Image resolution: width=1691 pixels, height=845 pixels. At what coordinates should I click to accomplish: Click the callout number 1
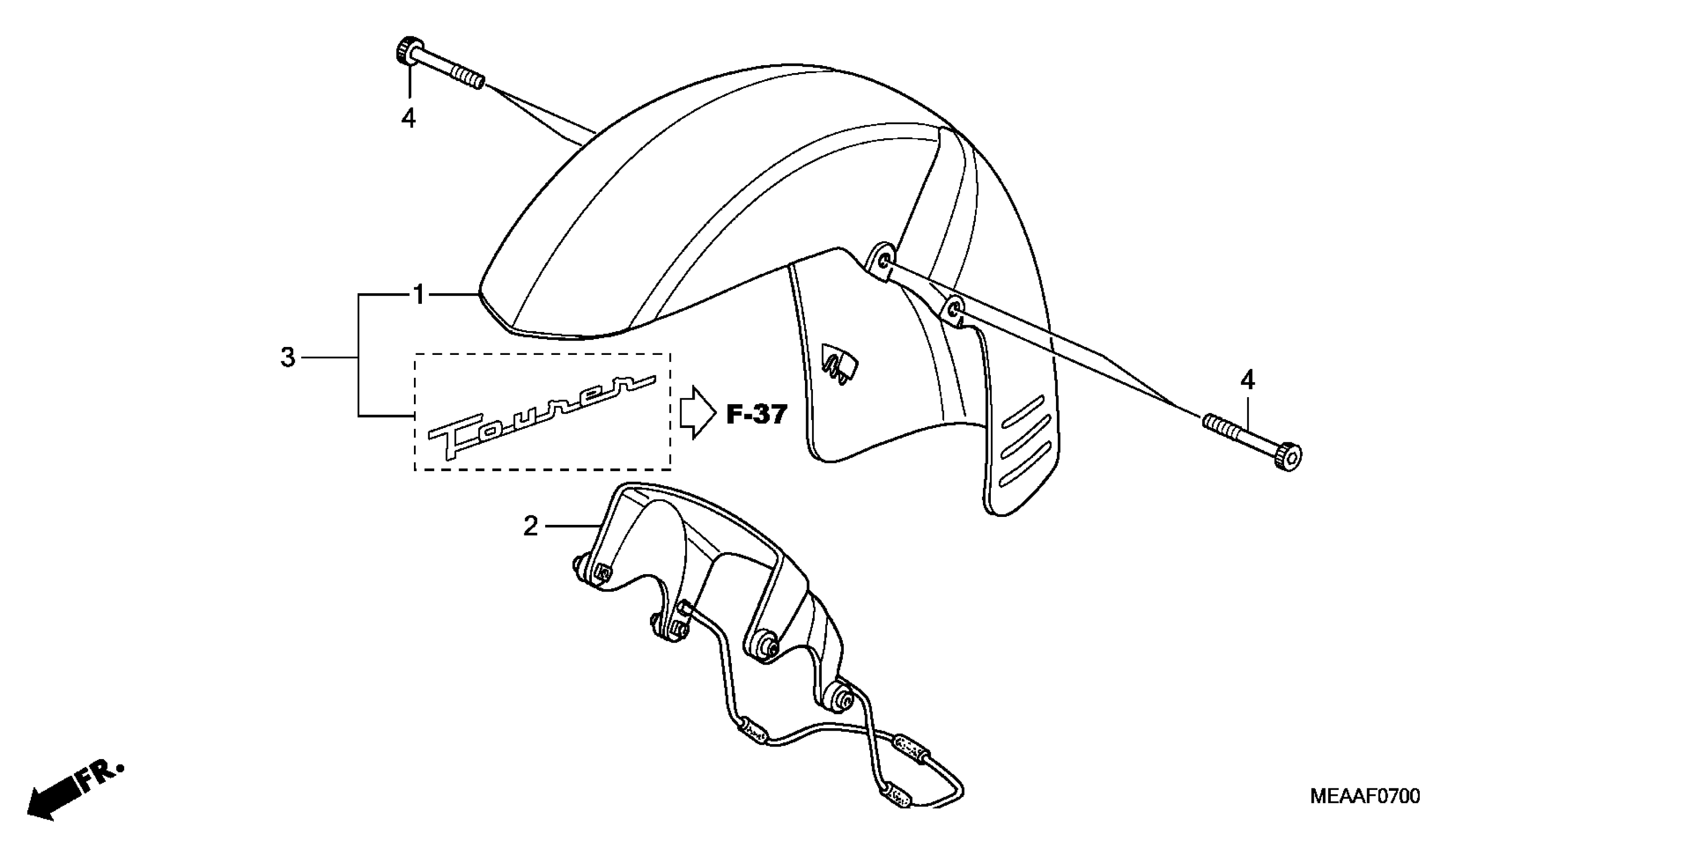click(419, 295)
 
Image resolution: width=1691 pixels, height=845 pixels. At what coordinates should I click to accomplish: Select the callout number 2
click(530, 526)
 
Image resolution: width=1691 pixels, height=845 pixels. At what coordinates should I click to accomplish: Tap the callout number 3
click(288, 358)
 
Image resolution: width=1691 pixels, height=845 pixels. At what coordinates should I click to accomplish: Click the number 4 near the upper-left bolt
click(408, 118)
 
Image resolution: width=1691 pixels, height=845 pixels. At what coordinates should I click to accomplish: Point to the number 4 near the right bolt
click(1247, 380)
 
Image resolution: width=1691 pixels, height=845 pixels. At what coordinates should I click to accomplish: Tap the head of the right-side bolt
click(1288, 457)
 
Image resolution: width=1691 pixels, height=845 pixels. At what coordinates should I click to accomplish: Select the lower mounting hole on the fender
click(955, 308)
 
